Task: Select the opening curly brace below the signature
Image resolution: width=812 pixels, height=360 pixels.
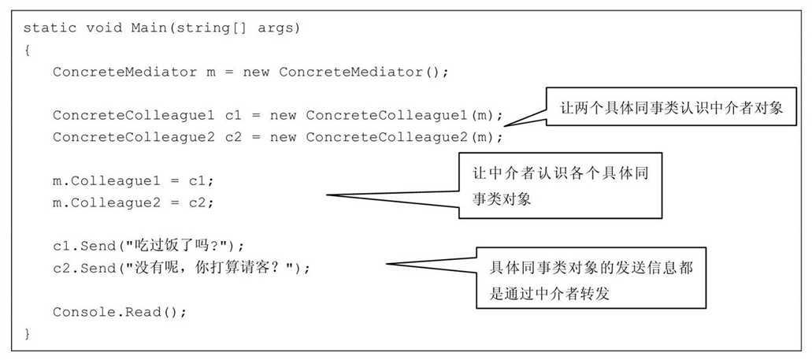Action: [27, 50]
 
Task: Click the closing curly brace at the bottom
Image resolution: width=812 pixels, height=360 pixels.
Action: [27, 334]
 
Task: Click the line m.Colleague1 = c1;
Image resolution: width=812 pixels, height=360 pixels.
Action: [133, 181]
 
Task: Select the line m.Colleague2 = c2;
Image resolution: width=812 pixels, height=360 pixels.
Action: [133, 202]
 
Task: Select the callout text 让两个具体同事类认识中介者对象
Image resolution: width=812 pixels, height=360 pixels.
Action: [671, 109]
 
